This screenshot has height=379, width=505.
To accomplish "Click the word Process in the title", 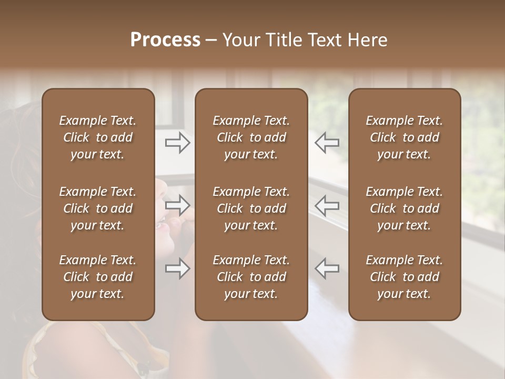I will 165,39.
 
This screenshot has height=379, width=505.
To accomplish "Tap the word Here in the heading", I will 367,39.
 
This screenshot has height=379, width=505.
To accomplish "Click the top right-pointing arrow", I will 178,142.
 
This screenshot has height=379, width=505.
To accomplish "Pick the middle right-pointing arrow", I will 178,205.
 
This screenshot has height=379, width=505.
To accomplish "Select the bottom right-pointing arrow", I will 178,268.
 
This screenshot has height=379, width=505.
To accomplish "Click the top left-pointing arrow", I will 327,142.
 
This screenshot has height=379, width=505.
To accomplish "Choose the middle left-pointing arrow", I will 327,205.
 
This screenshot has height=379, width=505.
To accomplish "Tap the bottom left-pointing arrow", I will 327,268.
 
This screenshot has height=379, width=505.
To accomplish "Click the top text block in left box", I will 98,137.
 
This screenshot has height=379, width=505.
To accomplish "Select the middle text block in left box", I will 98,208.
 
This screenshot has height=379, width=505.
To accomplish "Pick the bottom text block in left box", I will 98,277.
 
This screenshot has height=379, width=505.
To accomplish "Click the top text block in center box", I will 251,137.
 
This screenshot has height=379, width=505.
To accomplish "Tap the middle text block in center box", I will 251,208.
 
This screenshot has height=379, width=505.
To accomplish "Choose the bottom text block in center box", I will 251,277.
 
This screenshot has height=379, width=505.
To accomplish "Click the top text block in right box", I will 404,137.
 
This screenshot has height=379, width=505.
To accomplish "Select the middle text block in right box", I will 404,208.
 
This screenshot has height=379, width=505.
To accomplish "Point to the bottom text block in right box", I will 404,277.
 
